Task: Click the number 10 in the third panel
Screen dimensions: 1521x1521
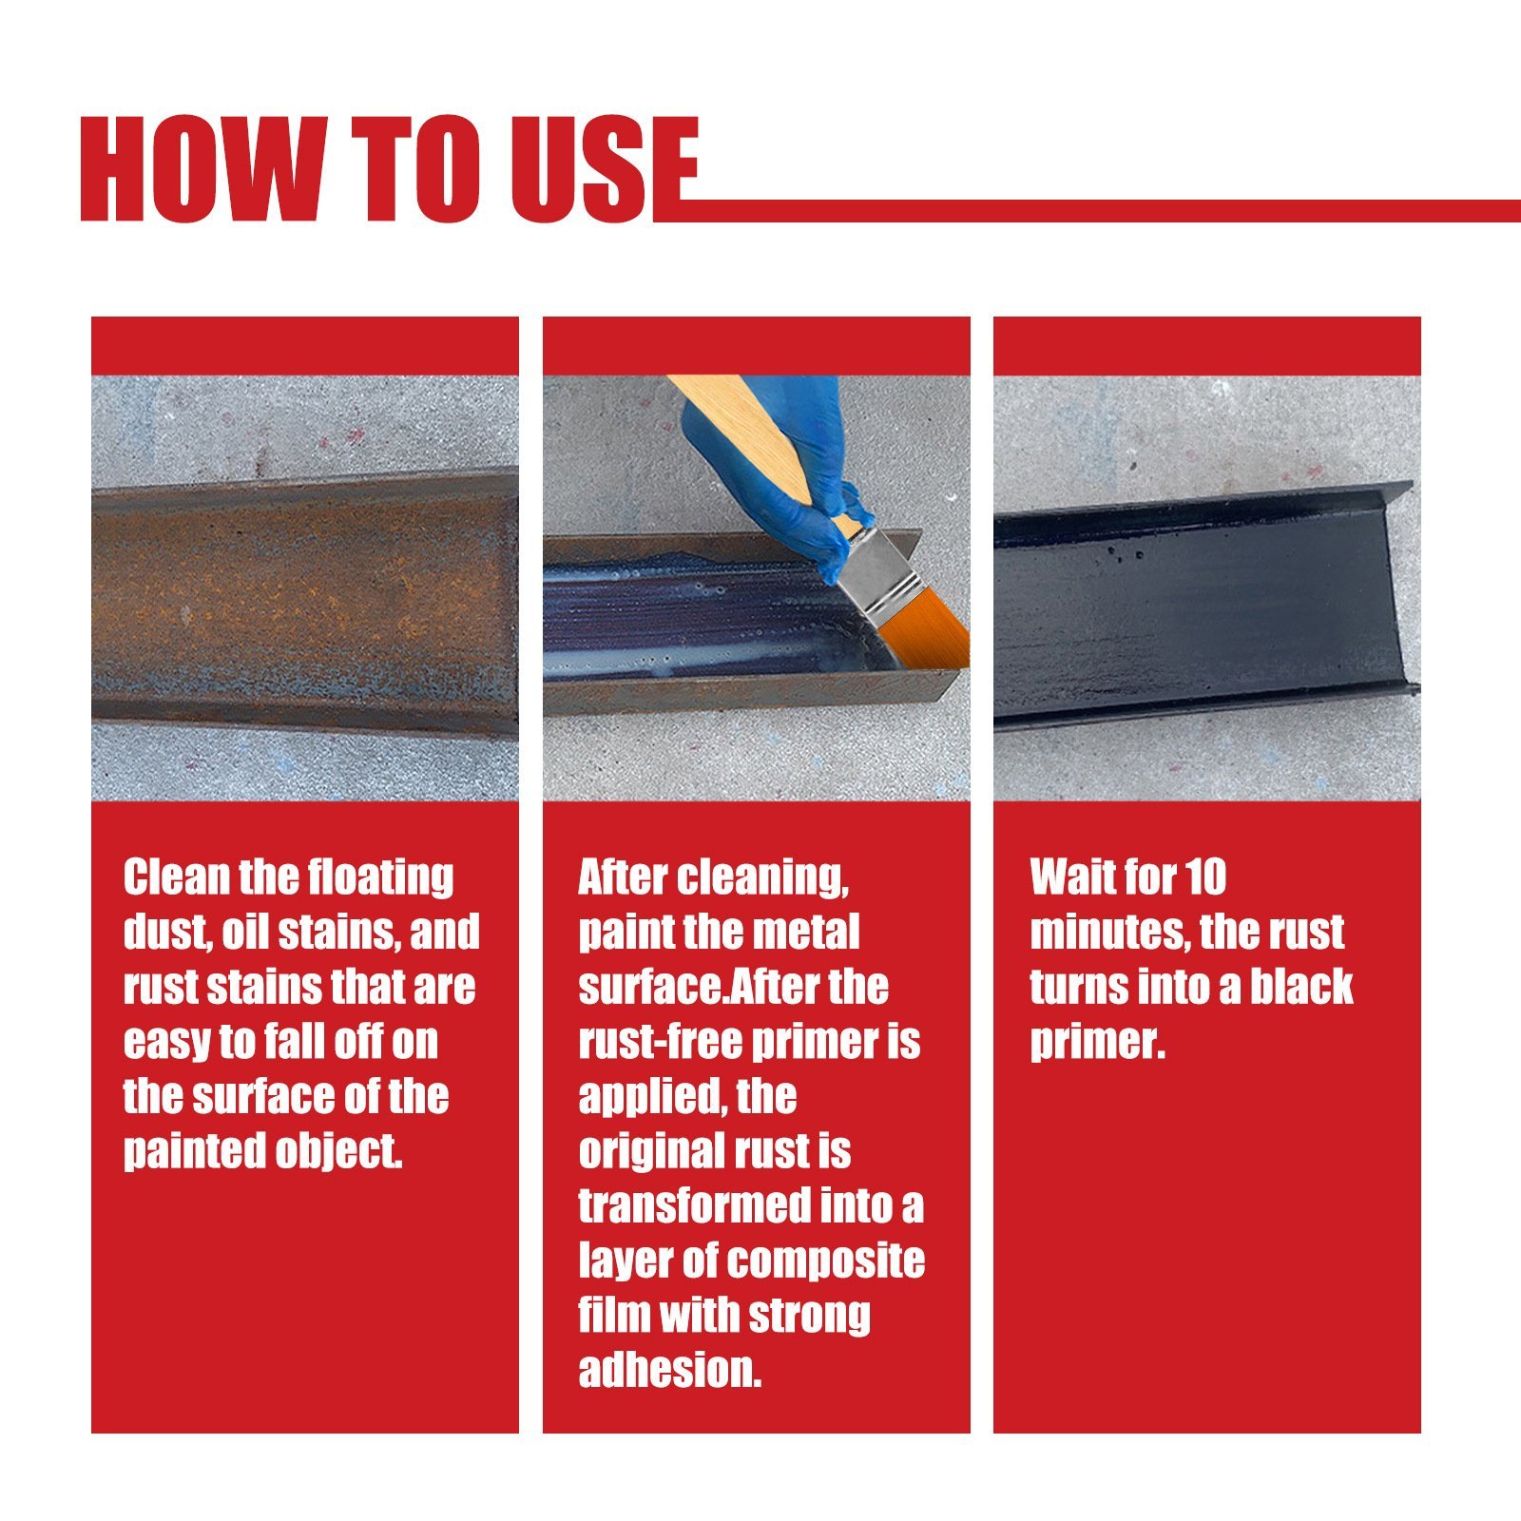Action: click(x=1205, y=876)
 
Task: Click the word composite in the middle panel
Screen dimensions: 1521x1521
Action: click(x=825, y=1261)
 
